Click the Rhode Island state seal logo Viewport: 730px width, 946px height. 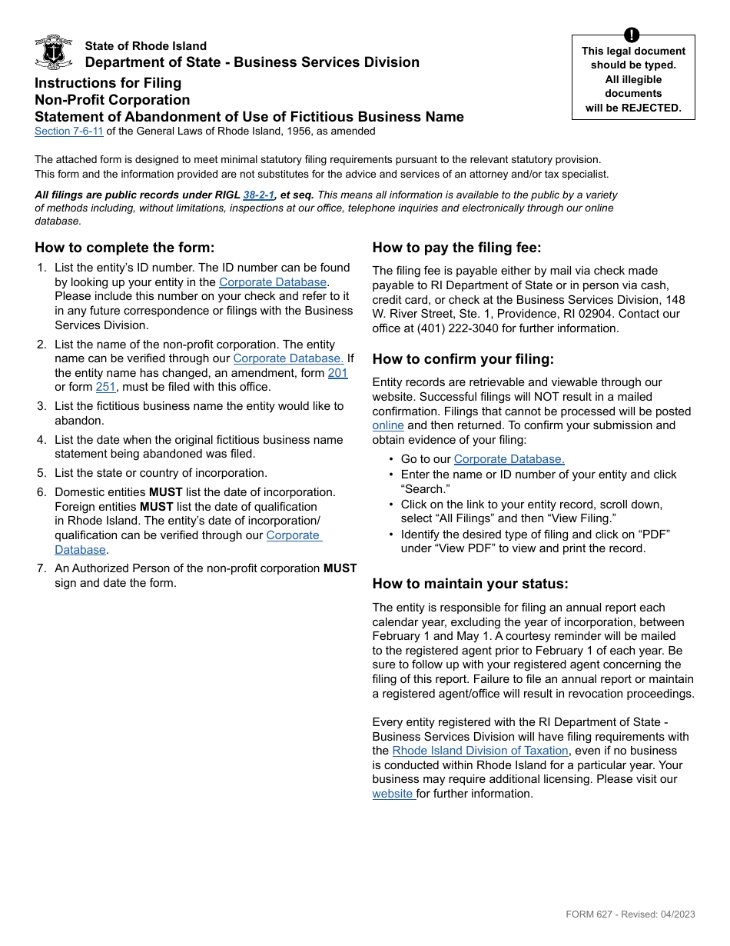54,52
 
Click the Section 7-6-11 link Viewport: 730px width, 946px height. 68,132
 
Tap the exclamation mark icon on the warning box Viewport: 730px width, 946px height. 632,35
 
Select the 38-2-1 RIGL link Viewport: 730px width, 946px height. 258,195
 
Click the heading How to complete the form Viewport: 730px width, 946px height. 124,248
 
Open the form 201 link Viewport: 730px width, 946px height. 337,373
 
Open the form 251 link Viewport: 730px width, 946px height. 105,388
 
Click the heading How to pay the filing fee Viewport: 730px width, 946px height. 456,248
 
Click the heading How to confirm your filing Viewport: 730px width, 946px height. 463,359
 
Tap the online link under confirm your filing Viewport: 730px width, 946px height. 388,425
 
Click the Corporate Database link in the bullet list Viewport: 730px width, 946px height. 509,459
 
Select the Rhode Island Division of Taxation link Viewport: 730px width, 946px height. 480,751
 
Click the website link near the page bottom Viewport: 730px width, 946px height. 393,794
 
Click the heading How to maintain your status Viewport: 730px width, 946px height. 470,585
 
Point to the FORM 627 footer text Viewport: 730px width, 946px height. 630,914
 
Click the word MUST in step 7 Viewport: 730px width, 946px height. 340,568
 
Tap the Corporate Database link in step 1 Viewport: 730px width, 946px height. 273,282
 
